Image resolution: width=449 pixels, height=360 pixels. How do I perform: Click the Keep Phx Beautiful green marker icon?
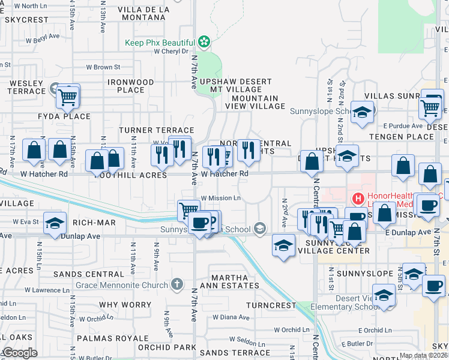pyautogui.click(x=204, y=42)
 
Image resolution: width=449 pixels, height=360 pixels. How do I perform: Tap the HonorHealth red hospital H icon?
pyautogui.click(x=358, y=198)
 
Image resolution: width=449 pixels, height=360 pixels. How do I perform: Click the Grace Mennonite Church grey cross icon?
pyautogui.click(x=176, y=284)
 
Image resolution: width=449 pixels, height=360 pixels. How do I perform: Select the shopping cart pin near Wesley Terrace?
pyautogui.click(x=68, y=96)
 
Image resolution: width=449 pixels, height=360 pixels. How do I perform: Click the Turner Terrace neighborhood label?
pyautogui.click(x=156, y=130)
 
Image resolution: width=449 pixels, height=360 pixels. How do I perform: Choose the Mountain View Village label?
pyautogui.click(x=255, y=102)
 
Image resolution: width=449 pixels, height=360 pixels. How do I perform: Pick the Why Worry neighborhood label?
pyautogui.click(x=125, y=305)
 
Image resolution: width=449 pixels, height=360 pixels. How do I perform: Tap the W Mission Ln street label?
pyautogui.click(x=221, y=198)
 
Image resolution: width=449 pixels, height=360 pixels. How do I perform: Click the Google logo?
pyautogui.click(x=19, y=353)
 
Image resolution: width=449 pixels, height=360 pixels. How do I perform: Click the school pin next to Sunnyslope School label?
pyautogui.click(x=363, y=112)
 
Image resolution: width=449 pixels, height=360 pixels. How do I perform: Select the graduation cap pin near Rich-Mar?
pyautogui.click(x=55, y=223)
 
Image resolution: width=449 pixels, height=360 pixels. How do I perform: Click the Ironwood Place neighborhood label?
pyautogui.click(x=131, y=86)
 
